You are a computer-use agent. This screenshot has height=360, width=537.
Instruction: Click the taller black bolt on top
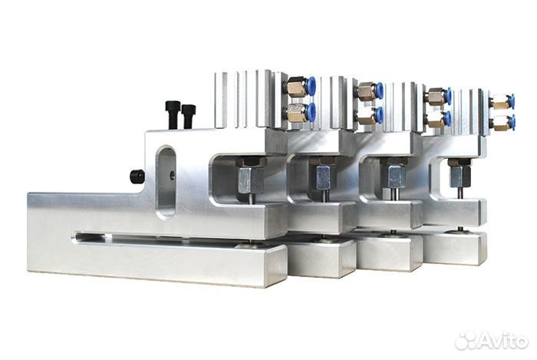coord(173,114)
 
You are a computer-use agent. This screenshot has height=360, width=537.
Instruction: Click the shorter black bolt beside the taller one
coord(189,117)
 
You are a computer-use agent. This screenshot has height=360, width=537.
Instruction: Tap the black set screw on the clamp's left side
coord(137,177)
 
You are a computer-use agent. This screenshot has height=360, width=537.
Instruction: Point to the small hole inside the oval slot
coord(173,176)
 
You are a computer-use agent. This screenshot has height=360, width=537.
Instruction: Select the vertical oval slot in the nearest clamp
coord(166,182)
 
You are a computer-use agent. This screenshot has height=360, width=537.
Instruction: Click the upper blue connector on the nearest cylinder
coord(311,86)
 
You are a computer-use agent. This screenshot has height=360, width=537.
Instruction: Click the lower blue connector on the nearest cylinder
coord(311,111)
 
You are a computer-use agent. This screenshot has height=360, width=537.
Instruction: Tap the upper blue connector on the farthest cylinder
coord(512,101)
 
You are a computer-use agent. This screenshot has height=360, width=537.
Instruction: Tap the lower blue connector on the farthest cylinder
coord(512,122)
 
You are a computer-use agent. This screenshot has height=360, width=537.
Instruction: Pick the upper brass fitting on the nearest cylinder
coord(297,86)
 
